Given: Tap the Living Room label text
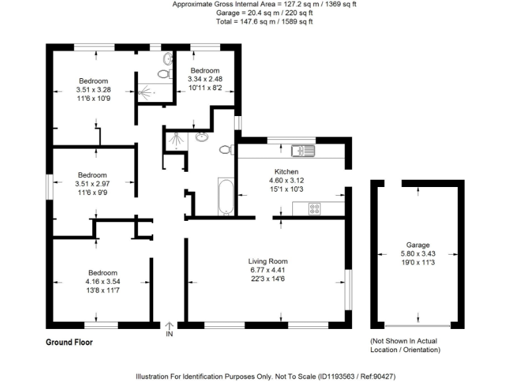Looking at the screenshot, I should [268, 261].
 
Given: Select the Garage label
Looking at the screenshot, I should [418, 245].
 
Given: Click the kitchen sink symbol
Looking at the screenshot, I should [306, 151].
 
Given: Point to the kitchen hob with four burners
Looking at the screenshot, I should [314, 208].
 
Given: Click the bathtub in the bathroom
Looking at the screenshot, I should [225, 197].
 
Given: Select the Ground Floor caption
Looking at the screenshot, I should [69, 343].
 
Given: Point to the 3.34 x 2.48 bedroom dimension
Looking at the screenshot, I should [205, 79].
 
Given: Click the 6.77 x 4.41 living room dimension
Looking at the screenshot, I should [268, 270].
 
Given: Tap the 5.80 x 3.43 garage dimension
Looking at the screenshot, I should [418, 253].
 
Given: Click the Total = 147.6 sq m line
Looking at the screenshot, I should [265, 21].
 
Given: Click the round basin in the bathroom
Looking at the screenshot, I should [201, 138].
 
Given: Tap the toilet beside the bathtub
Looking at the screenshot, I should [225, 150].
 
